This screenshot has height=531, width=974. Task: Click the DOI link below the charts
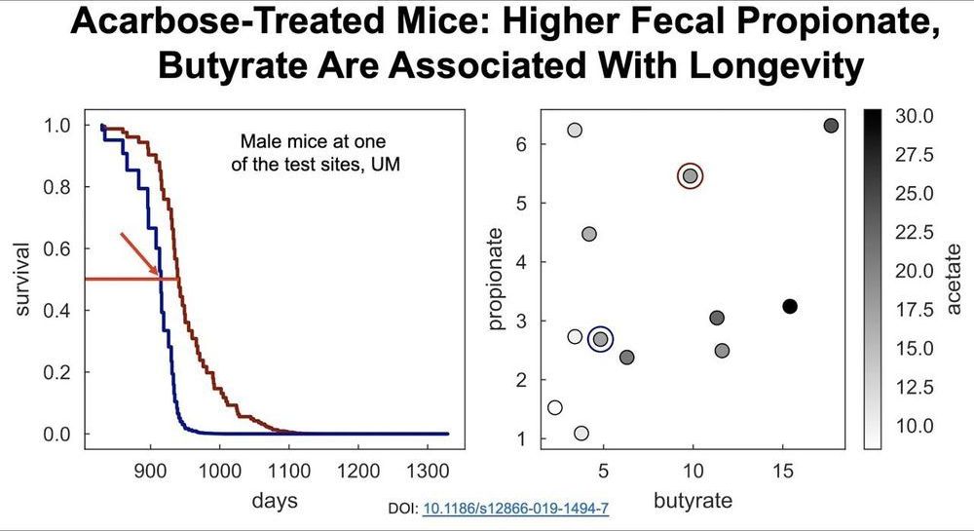pyautogui.click(x=516, y=509)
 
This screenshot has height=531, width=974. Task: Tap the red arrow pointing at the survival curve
pyautogui.click(x=141, y=254)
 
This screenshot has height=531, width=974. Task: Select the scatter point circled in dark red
pyautogui.click(x=690, y=176)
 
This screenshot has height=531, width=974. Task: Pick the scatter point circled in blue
pyautogui.click(x=601, y=339)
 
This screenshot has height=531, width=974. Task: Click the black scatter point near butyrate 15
pyautogui.click(x=790, y=307)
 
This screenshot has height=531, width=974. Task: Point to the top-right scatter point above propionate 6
pyautogui.click(x=831, y=126)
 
